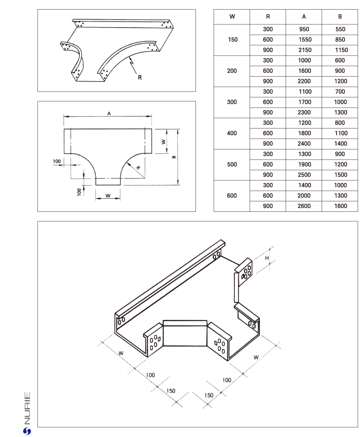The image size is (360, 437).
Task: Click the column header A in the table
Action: click(304, 17)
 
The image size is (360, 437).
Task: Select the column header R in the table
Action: click(268, 17)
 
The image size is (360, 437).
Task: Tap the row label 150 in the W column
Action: click(232, 40)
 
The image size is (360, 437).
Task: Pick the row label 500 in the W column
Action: click(232, 165)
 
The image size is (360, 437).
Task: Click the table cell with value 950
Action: click(304, 29)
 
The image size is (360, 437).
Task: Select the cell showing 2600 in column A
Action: click(304, 206)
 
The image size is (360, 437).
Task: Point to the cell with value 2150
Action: click(304, 50)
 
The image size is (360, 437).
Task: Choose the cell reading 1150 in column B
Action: click(340, 50)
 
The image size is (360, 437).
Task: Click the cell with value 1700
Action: click(304, 102)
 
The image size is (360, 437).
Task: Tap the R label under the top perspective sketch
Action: click(139, 77)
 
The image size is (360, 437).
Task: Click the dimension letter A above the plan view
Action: click(109, 113)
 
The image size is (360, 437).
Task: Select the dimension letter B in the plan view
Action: click(173, 157)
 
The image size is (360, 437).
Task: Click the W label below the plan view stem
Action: click(108, 195)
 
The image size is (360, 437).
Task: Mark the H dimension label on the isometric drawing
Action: click(267, 258)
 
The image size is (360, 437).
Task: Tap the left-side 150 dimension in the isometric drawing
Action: click(171, 391)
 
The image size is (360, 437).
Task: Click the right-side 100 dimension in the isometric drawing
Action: click(226, 380)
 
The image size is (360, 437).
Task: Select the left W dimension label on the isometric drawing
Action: click(121, 353)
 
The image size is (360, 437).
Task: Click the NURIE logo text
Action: click(27, 408)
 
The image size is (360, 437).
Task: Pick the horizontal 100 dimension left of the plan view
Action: click(57, 161)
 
